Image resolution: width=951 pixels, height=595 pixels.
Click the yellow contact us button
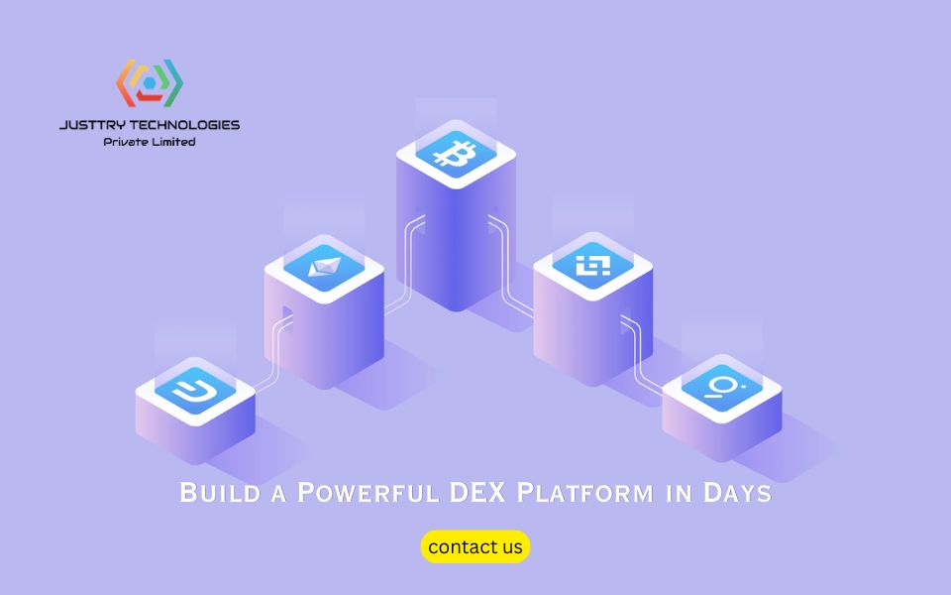pyautogui.click(x=475, y=546)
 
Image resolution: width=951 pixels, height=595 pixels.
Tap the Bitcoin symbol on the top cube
pyautogui.click(x=455, y=154)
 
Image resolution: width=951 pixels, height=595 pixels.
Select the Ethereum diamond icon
pyautogui.click(x=325, y=267)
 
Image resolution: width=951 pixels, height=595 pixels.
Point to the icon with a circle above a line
pyautogui.click(x=722, y=388)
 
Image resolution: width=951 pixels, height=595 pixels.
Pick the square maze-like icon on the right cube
pyautogui.click(x=592, y=266)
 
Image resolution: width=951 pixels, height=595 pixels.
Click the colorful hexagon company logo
pyautogui.click(x=150, y=83)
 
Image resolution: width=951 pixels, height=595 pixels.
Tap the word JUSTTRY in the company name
pyautogui.click(x=93, y=125)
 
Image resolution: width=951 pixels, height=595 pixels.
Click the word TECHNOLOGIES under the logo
pyautogui.click(x=185, y=125)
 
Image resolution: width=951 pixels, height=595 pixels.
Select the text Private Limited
pyautogui.click(x=150, y=142)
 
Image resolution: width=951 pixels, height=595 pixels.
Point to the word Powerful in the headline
pyautogui.click(x=369, y=493)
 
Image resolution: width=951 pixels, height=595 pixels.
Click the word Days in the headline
pyautogui.click(x=737, y=493)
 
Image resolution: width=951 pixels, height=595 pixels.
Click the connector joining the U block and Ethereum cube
pyautogui.click(x=274, y=353)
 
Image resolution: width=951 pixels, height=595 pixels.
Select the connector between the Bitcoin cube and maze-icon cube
pyautogui.click(x=507, y=267)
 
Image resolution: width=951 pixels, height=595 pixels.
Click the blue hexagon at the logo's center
pyautogui.click(x=150, y=83)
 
